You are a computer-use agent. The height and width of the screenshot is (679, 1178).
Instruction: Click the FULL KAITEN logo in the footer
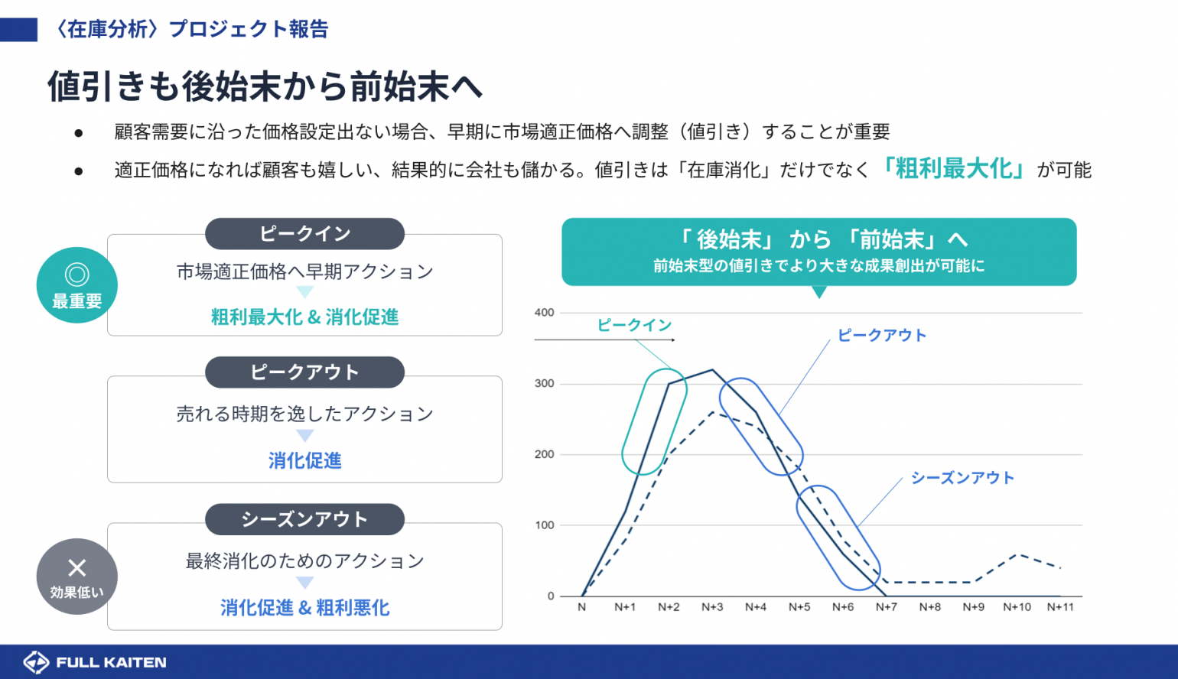coord(95,662)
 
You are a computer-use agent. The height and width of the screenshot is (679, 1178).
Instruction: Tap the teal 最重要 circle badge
coord(76,285)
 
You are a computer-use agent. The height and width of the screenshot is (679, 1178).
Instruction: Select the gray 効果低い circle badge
coord(76,577)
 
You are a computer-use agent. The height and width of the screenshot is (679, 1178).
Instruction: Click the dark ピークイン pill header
coord(305,234)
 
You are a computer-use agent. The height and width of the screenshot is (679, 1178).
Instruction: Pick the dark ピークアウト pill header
coord(305,372)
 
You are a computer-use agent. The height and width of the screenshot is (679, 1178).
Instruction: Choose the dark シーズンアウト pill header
coord(305,519)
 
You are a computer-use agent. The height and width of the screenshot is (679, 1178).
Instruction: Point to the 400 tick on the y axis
coord(545,313)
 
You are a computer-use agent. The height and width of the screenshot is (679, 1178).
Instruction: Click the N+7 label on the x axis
coord(886,607)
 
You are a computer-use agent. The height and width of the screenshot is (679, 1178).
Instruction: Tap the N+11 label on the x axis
coord(1060,607)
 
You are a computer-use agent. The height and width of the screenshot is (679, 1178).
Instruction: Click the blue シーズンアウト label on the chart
coord(962,478)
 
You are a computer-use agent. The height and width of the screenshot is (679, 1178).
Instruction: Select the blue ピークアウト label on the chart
coord(882,336)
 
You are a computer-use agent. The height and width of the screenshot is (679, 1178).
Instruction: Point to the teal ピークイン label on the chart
coord(635,325)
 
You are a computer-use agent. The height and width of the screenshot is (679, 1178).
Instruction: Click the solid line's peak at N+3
coord(713,369)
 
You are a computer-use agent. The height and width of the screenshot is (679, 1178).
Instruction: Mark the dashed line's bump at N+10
coord(1017,554)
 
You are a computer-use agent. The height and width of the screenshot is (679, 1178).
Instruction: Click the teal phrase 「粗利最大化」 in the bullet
coord(953,169)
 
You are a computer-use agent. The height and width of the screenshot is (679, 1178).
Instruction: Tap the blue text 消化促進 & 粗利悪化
coord(305,608)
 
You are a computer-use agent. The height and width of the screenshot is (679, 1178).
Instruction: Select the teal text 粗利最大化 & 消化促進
coord(305,317)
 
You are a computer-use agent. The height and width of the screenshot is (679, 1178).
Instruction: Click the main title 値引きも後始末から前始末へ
coord(265,86)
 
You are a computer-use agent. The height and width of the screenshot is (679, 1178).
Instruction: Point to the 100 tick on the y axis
coord(545,525)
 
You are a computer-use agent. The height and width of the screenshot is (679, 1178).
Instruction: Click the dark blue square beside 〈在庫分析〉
coord(18,29)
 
